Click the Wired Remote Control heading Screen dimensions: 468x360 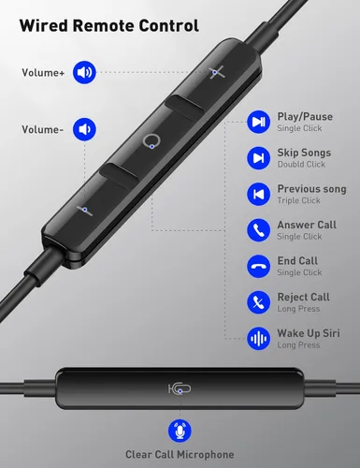(x=105, y=26)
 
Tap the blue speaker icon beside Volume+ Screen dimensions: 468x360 (x=86, y=71)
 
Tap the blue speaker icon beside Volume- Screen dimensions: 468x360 (x=86, y=129)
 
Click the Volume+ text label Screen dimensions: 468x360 (x=43, y=72)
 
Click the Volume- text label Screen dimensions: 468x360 (x=42, y=130)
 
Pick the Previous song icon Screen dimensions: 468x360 (x=259, y=193)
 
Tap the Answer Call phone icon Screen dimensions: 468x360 (x=259, y=229)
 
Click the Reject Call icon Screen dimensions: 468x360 (x=259, y=301)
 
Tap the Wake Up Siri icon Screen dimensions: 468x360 (x=259, y=338)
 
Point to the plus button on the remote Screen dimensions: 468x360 (x=217, y=71)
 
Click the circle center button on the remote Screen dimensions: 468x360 (x=151, y=142)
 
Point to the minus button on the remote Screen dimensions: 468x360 (x=84, y=210)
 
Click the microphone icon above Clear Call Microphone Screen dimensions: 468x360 (x=180, y=431)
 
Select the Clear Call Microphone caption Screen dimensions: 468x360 (x=180, y=455)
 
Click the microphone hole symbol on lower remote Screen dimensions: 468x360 (x=178, y=388)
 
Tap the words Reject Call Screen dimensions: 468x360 (x=303, y=298)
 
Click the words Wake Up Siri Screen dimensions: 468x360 (x=310, y=333)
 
